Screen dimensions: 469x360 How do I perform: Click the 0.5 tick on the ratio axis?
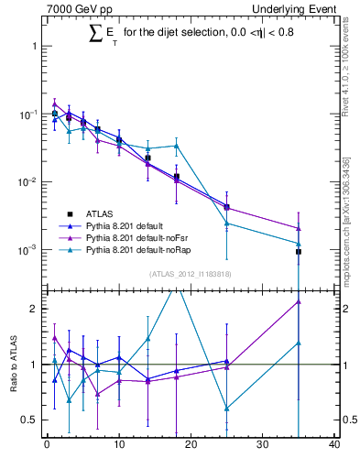pos(27,420)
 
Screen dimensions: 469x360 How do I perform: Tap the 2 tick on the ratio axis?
pos(32,309)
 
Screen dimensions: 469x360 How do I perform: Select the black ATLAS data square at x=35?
pos(299,251)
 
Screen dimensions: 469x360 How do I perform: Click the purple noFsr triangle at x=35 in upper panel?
pos(299,228)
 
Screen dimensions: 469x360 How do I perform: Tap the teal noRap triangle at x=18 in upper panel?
pos(177,146)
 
